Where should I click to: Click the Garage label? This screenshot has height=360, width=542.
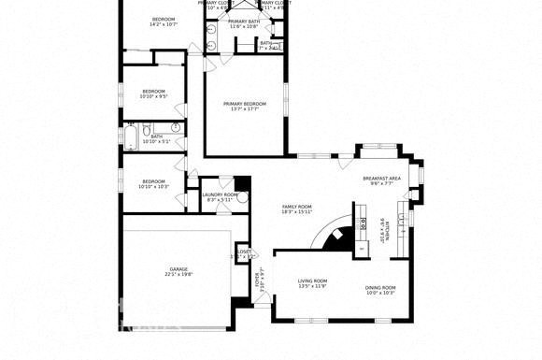point(178,269)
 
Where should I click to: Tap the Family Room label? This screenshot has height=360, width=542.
point(296,207)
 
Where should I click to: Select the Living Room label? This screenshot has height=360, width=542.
point(312,281)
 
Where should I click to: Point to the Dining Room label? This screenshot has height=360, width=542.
point(380,288)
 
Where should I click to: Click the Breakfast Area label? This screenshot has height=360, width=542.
point(381,178)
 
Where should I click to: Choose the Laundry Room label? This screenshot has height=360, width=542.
point(221,194)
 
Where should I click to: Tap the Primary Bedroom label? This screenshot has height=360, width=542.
point(243,104)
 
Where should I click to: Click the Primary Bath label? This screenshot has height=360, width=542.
point(244,22)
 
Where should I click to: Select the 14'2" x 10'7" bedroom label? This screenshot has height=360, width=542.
point(164,20)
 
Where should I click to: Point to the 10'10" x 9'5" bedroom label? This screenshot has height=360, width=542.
point(153,91)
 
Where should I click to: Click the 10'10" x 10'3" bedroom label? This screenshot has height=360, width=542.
point(153,181)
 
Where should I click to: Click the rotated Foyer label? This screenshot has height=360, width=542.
point(261,278)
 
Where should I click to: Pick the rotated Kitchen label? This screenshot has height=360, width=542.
point(381,229)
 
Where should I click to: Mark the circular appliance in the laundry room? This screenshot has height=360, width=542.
point(242,196)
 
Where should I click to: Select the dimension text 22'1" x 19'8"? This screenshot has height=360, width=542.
point(178,275)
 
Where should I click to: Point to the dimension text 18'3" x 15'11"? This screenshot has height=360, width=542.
point(296,212)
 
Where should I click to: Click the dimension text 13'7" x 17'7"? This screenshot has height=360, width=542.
point(243,109)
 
